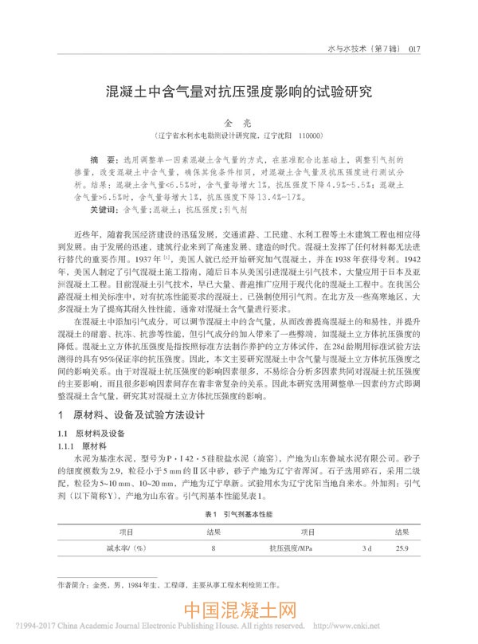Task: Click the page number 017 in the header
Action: [413, 49]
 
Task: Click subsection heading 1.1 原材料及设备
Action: [88, 432]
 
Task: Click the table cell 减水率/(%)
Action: [126, 548]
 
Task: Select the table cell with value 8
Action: [214, 548]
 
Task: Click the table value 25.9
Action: [402, 548]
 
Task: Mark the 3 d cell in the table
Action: [367, 548]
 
